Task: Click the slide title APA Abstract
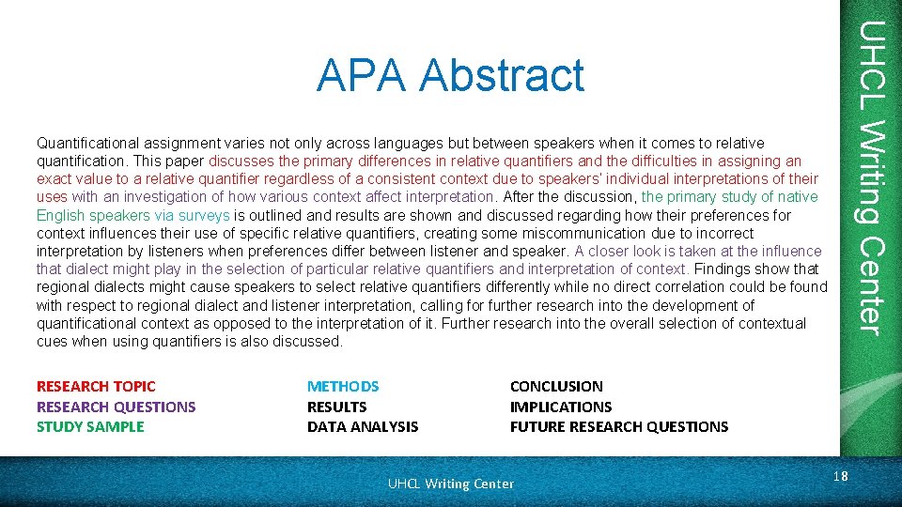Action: click(450, 76)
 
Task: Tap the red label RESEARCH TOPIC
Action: click(96, 386)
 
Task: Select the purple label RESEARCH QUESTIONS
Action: click(116, 407)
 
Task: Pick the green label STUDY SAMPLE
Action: click(90, 426)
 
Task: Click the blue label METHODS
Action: click(343, 386)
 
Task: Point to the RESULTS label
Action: click(336, 407)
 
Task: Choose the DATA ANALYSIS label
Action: click(363, 426)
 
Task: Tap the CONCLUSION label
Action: click(556, 386)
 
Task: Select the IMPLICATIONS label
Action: click(560, 407)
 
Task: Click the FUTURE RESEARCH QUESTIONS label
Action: click(618, 426)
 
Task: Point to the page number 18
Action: click(840, 476)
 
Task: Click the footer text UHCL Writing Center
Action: click(451, 484)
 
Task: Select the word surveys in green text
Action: click(206, 215)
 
